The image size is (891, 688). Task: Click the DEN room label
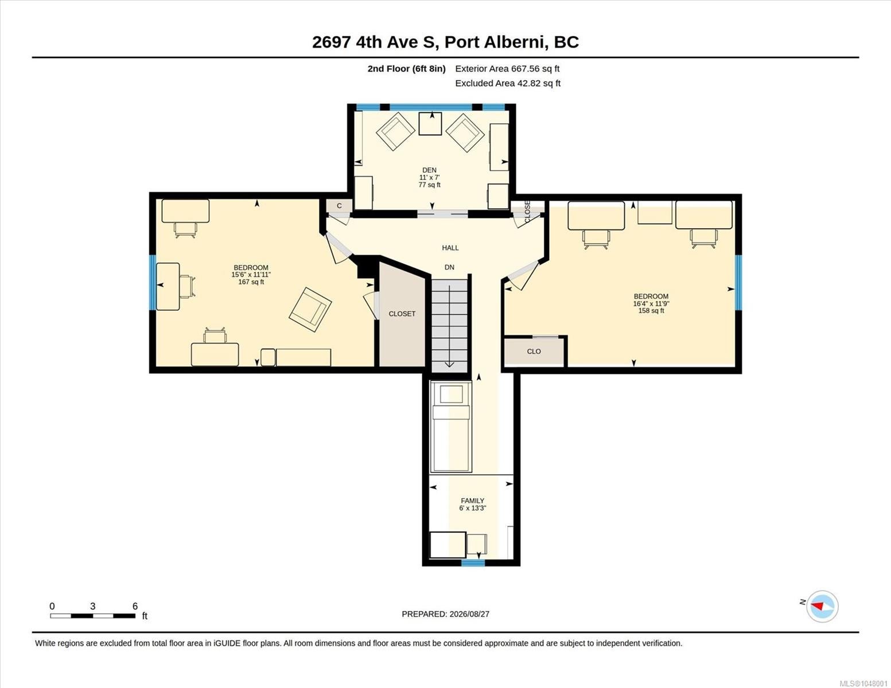coord(429,170)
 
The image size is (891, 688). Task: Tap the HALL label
coord(450,248)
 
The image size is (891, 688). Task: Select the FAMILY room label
coord(472,501)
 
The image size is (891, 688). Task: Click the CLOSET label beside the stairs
coord(402,314)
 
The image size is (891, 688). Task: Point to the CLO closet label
coord(534,351)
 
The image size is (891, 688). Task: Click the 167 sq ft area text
coord(251,282)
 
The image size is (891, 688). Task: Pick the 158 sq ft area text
coord(651,311)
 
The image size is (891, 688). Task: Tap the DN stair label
coord(449,267)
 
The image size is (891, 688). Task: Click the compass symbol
coord(822,607)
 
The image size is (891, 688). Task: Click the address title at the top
coord(445,42)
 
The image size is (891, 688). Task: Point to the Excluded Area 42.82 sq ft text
coord(508,83)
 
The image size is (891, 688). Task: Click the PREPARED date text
coord(445,614)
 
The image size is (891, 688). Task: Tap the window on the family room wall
coord(473,563)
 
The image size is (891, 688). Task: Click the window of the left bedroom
coord(153,282)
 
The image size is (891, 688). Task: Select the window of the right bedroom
coord(738,282)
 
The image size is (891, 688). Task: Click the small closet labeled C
coord(339,206)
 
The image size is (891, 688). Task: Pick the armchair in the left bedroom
coord(310,310)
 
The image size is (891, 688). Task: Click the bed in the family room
coord(450,426)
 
